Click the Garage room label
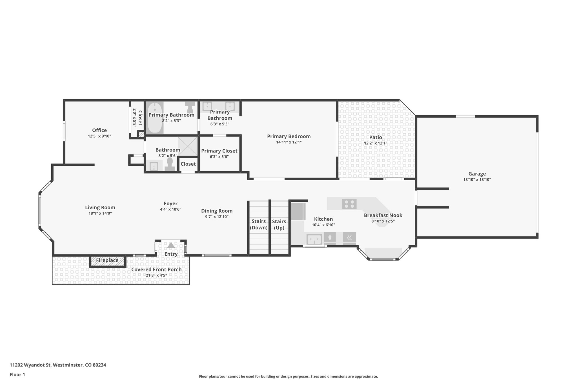pyautogui.click(x=477, y=174)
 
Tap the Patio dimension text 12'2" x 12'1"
pyautogui.click(x=376, y=143)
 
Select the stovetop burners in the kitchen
pyautogui.click(x=349, y=204)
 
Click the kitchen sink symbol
pyautogui.click(x=314, y=240)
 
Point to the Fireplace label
pyautogui.click(x=107, y=261)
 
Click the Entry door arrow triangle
pyautogui.click(x=171, y=245)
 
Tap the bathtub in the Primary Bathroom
pyautogui.click(x=155, y=118)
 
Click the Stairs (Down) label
pyautogui.click(x=259, y=224)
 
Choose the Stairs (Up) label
pyautogui.click(x=279, y=224)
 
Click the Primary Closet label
pyautogui.click(x=219, y=151)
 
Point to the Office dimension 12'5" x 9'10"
pyautogui.click(x=99, y=136)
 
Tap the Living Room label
pyautogui.click(x=100, y=208)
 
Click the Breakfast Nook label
pyautogui.click(x=383, y=215)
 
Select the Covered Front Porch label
pyautogui.click(x=156, y=270)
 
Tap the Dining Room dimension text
pyautogui.click(x=217, y=217)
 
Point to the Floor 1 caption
pyautogui.click(x=17, y=374)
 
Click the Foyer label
pyautogui.click(x=170, y=204)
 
